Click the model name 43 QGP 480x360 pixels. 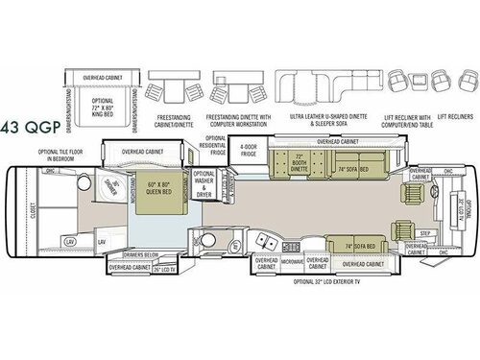(32, 124)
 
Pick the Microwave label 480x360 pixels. (293, 260)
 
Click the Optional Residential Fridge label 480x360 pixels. (217, 144)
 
